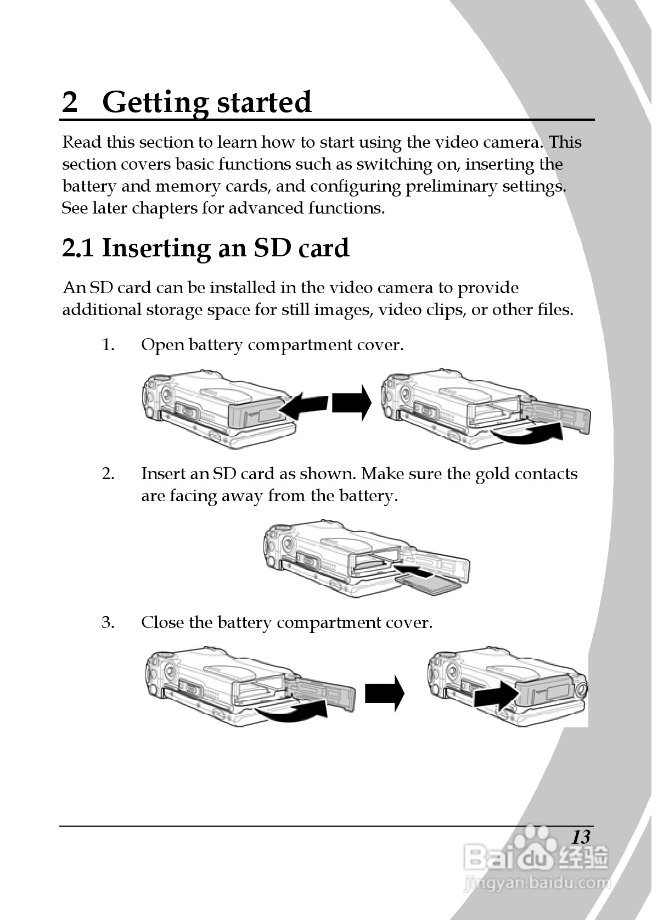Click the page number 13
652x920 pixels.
581,837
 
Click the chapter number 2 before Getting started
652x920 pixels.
70,102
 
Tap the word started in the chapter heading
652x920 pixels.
264,102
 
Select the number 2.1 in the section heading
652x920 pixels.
78,248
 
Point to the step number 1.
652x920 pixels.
108,345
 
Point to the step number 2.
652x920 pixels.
108,474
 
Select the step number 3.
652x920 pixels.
108,622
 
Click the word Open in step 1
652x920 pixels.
162,345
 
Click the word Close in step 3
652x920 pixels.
162,622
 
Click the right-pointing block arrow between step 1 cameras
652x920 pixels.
351,403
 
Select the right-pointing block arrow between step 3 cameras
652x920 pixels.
385,693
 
